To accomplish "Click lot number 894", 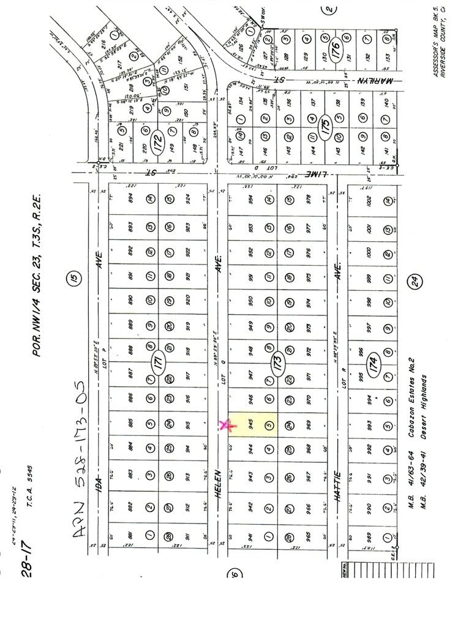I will [130, 199].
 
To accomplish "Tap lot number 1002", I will [367, 199].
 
